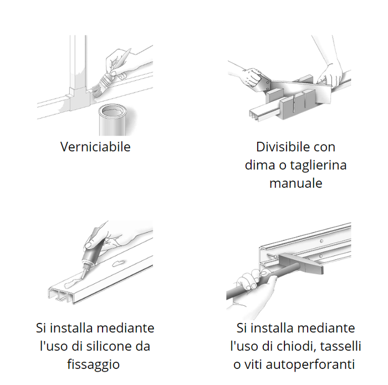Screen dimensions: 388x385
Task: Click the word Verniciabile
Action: click(x=95, y=147)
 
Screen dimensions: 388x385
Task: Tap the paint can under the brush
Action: click(x=113, y=120)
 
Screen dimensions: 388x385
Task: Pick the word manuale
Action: click(x=295, y=183)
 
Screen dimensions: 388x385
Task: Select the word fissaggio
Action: click(x=94, y=365)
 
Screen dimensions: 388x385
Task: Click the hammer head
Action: click(x=300, y=264)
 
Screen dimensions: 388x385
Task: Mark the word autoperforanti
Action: click(x=310, y=365)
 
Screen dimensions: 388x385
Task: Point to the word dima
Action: click(x=260, y=165)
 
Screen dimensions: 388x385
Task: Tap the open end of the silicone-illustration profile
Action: click(x=61, y=295)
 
